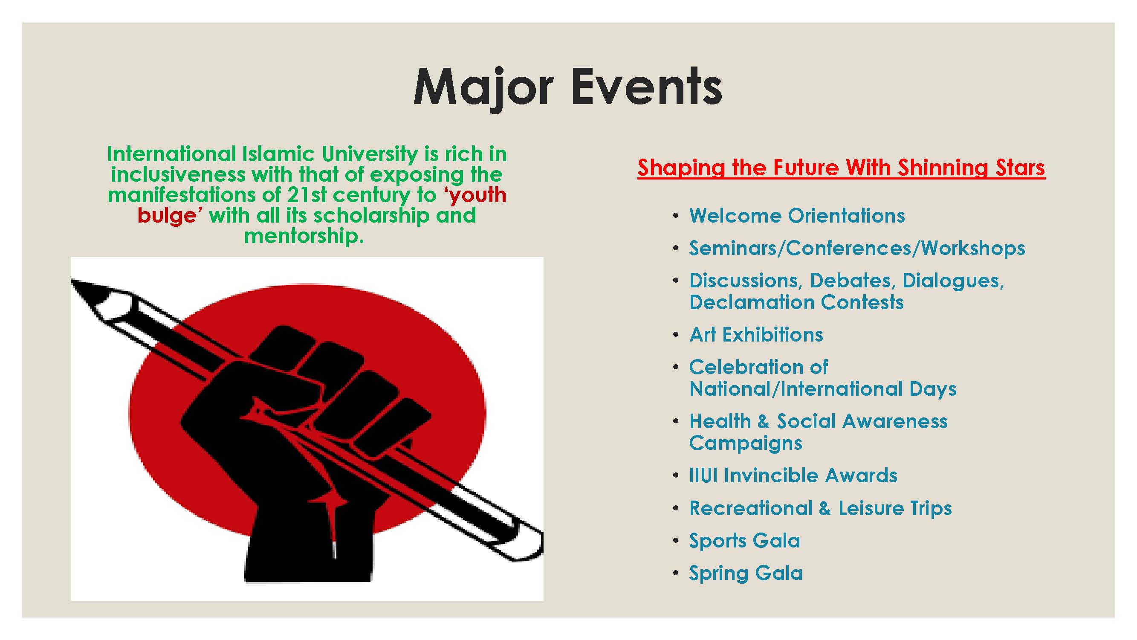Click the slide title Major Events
pyautogui.click(x=567, y=87)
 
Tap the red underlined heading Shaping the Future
pyautogui.click(x=841, y=168)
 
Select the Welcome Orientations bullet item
pyautogui.click(x=797, y=216)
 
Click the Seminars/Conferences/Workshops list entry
pyautogui.click(x=857, y=248)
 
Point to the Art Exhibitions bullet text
pyautogui.click(x=757, y=335)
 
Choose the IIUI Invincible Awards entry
pyautogui.click(x=793, y=475)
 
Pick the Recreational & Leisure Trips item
pyautogui.click(x=821, y=508)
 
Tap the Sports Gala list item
pyautogui.click(x=745, y=541)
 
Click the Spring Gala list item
pyautogui.click(x=746, y=573)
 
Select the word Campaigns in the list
pyautogui.click(x=746, y=443)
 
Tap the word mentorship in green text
pyautogui.click(x=304, y=236)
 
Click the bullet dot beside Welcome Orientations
pyautogui.click(x=675, y=216)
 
